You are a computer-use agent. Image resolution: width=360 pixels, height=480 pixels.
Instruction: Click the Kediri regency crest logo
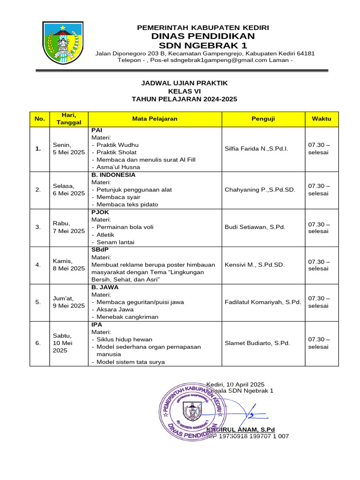(63, 44)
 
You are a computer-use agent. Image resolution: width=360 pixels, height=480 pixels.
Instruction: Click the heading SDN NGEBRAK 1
(202, 45)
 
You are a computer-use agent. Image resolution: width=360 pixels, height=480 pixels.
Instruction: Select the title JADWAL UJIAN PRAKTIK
(184, 83)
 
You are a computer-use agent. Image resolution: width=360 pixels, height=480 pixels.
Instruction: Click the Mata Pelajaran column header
(155, 119)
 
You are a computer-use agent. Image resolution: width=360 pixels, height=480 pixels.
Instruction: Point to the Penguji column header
(263, 119)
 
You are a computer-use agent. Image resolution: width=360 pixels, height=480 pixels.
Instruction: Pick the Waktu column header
(321, 119)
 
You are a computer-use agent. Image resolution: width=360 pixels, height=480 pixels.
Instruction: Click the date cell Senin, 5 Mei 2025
(68, 149)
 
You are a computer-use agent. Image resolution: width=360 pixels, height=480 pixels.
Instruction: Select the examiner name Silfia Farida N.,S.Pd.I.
(256, 149)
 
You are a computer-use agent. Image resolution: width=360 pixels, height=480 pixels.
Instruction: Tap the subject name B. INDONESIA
(113, 175)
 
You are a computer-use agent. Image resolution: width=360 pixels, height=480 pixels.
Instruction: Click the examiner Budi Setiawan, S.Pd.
(255, 227)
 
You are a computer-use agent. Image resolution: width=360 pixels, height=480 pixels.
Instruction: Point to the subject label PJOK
(100, 212)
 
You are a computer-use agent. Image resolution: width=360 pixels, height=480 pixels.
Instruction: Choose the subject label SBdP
(100, 250)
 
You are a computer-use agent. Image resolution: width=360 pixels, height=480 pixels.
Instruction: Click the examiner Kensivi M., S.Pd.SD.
(255, 265)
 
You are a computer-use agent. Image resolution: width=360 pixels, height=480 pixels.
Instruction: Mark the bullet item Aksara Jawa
(115, 309)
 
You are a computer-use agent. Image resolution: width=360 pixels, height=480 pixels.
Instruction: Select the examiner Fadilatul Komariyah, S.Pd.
(262, 302)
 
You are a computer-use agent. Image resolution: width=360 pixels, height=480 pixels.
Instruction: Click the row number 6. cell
(38, 343)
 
